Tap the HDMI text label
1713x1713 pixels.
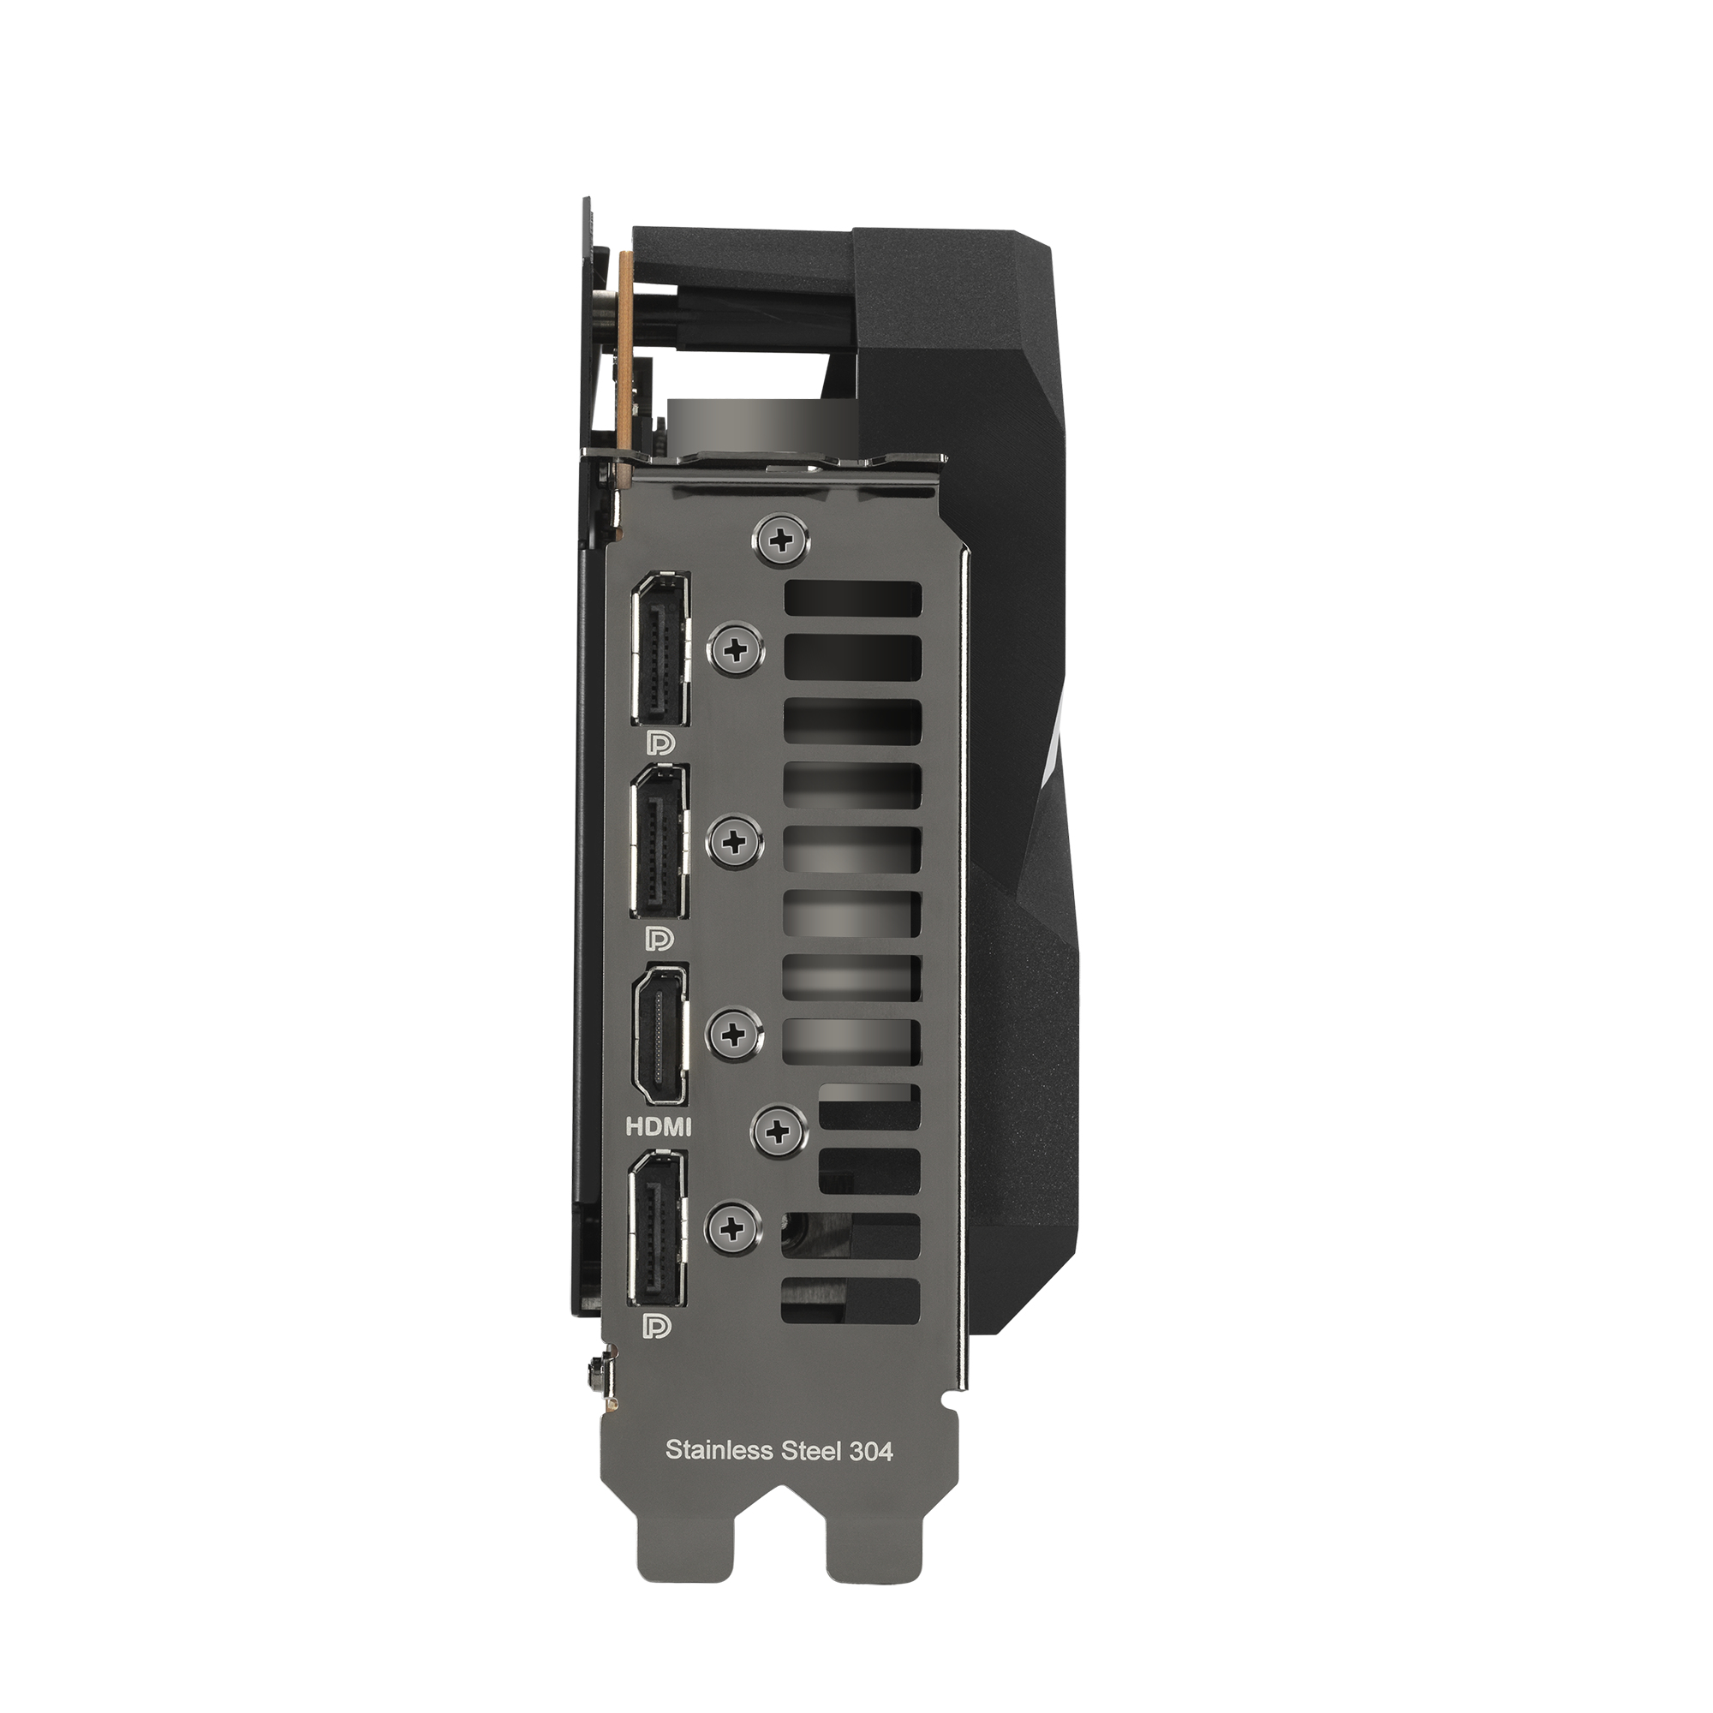(659, 1128)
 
